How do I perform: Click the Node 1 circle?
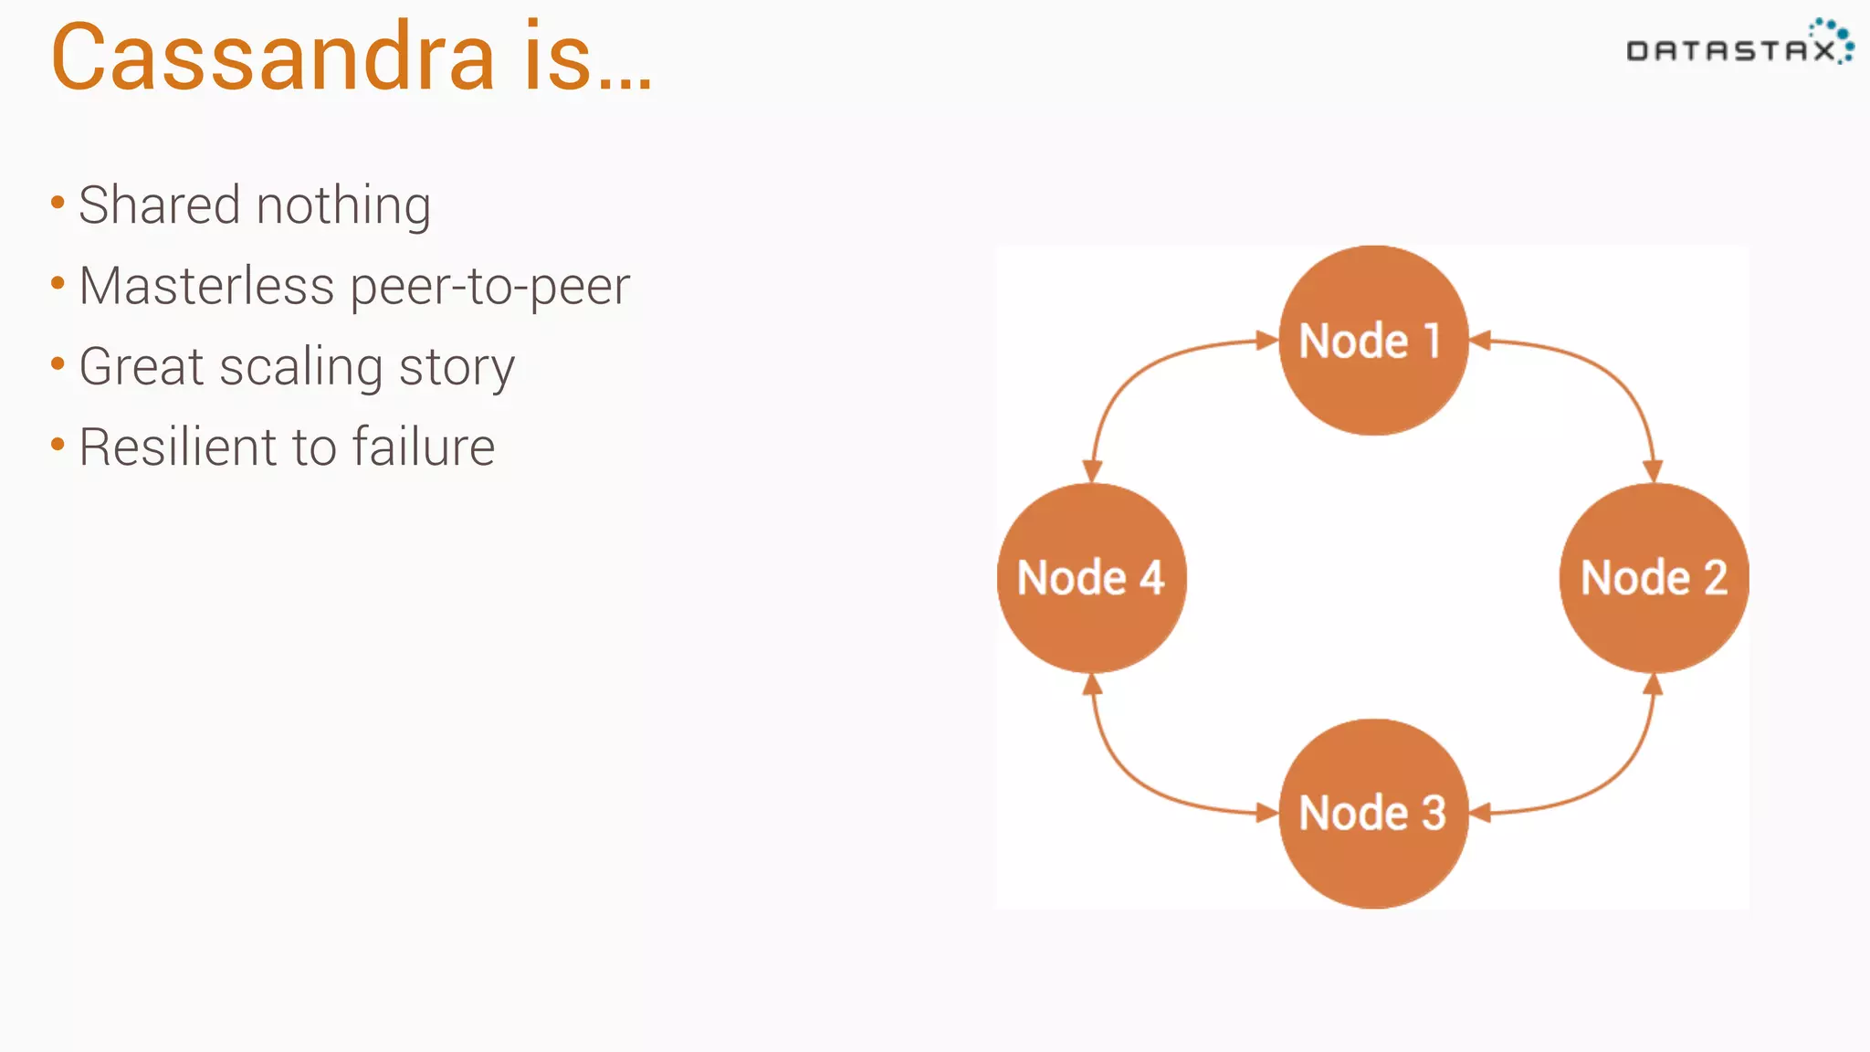1373,341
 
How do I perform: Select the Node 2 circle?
1654,578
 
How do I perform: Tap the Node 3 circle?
1373,813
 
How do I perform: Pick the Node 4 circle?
1092,578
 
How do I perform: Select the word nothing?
343,206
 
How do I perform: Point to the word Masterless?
206,286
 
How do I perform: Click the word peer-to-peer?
490,288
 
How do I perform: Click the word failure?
424,447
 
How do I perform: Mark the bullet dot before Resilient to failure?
58,446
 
